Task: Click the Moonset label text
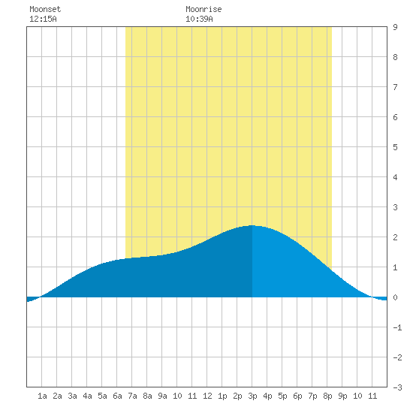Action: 45,9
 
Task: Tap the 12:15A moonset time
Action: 43,19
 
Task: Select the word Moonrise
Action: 203,9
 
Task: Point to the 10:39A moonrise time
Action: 199,19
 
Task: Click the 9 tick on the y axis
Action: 395,27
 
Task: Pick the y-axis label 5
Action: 395,147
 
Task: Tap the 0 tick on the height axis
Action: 395,297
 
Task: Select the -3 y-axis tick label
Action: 397,387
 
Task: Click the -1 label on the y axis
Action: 397,327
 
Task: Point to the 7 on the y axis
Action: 395,87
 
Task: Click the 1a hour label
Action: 42,396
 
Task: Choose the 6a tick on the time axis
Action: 117,396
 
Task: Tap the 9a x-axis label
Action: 162,396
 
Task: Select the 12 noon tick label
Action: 207,396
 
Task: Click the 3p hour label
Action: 252,396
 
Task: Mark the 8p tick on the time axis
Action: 327,396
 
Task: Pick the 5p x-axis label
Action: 282,396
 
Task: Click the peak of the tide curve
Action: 252,225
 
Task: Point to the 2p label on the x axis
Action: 237,396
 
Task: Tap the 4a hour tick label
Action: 87,396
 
